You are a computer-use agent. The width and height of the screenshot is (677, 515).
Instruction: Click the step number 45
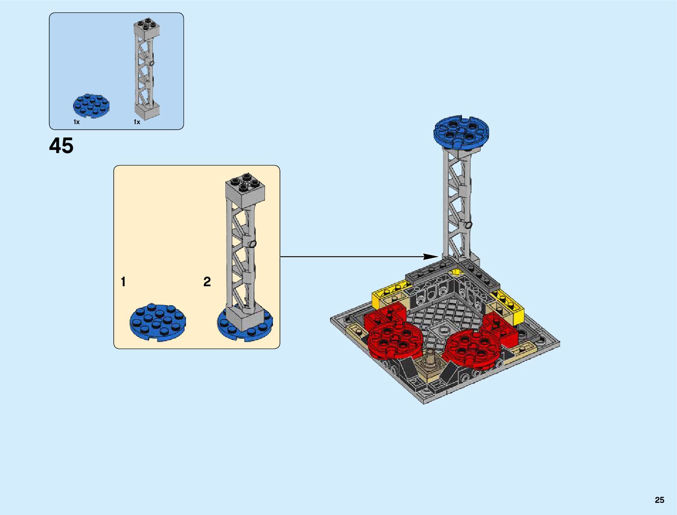click(61, 146)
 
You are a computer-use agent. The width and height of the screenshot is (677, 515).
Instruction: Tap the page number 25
click(659, 500)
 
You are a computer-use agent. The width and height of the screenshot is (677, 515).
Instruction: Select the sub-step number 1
click(123, 282)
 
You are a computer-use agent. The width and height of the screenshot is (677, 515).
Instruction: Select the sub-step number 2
click(207, 282)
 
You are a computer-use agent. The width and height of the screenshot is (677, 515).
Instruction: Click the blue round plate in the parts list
click(91, 106)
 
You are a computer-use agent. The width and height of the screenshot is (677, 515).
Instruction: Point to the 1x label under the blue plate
click(77, 122)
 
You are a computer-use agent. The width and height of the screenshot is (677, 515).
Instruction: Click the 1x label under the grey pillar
click(137, 122)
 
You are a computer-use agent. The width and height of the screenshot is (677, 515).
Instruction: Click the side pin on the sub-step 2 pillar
click(253, 244)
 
